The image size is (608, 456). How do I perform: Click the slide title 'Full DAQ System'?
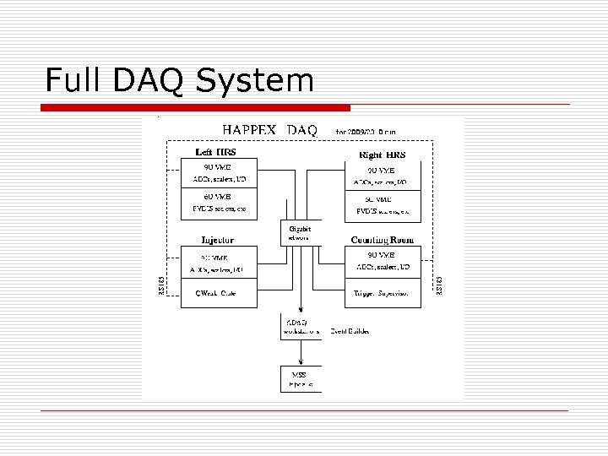(x=179, y=80)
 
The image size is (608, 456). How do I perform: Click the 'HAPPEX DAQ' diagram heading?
(x=269, y=130)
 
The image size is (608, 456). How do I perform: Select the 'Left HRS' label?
(x=215, y=153)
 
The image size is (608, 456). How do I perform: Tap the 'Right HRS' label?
(x=383, y=155)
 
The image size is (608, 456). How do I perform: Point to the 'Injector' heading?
(x=217, y=239)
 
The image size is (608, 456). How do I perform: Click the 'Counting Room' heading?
(x=383, y=240)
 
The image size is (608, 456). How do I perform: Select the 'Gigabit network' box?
(x=300, y=233)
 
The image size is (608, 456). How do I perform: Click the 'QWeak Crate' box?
(x=216, y=293)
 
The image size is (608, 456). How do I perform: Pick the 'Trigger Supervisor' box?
(x=381, y=293)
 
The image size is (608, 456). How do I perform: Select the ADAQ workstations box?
(x=300, y=328)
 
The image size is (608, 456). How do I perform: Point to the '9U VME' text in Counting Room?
(x=382, y=254)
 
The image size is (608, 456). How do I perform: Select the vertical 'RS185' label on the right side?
(x=437, y=285)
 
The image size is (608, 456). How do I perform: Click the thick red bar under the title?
(x=196, y=108)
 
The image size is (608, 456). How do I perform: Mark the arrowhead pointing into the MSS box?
(x=300, y=363)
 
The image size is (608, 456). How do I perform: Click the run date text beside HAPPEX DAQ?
(x=366, y=132)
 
